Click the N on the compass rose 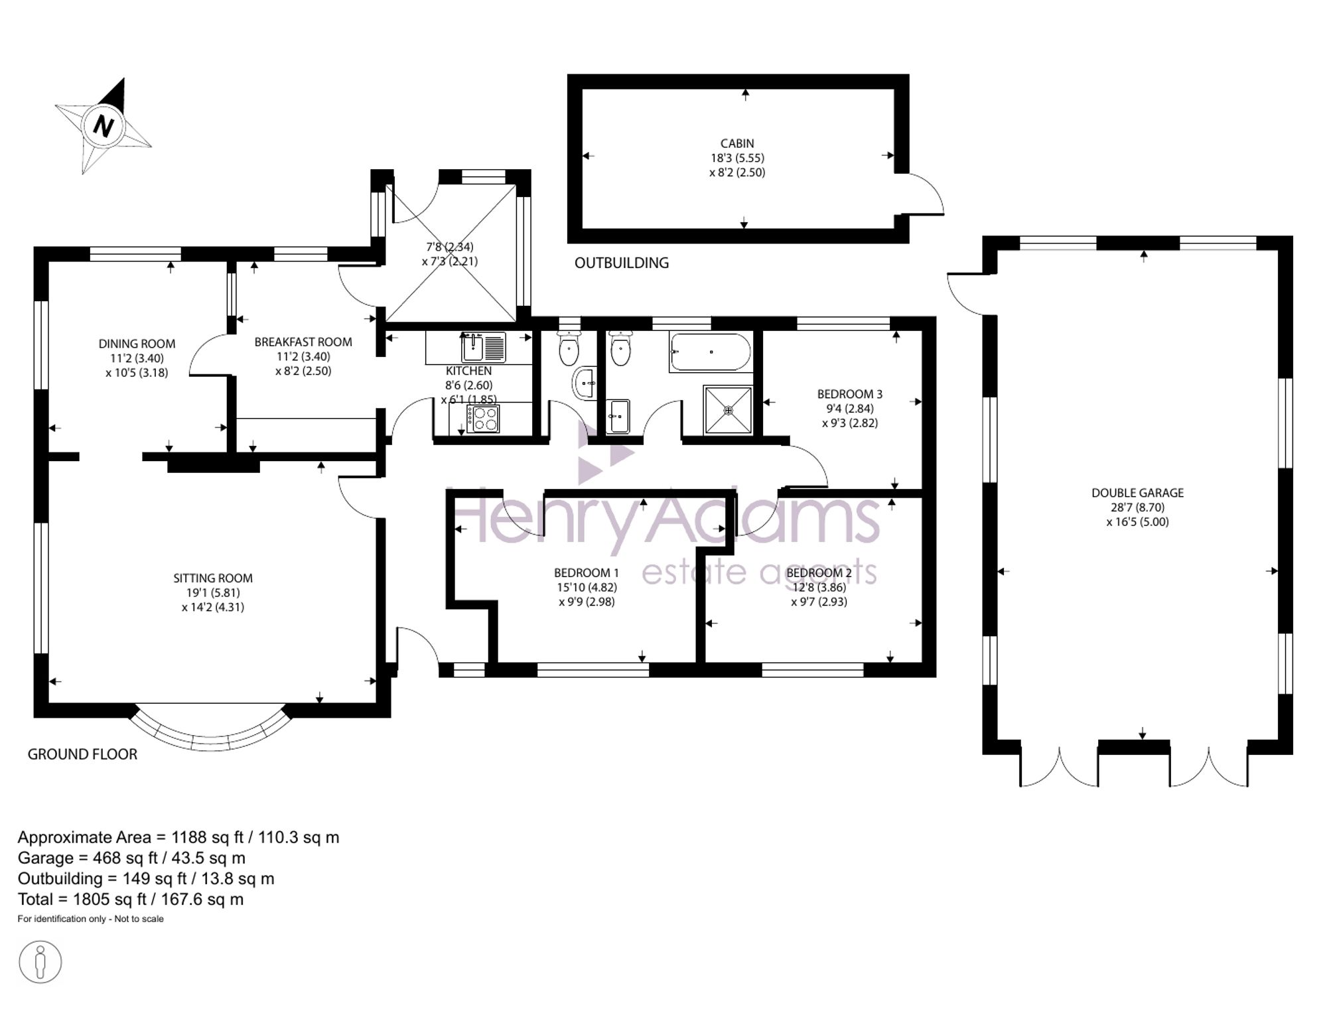tap(104, 125)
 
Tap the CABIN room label tap(737, 143)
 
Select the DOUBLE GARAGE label tap(1137, 493)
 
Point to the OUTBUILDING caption tap(622, 263)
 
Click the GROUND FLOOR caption tap(82, 754)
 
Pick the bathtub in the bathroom tap(711, 352)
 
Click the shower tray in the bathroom tap(728, 409)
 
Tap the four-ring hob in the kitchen tap(483, 419)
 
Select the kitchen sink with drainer tap(483, 347)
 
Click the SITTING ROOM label tap(213, 578)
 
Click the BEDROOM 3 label tap(849, 394)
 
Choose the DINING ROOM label tap(137, 344)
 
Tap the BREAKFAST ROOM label tap(303, 342)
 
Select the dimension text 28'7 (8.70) tap(1137, 507)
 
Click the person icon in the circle tap(40, 962)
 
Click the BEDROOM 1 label tap(587, 573)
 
